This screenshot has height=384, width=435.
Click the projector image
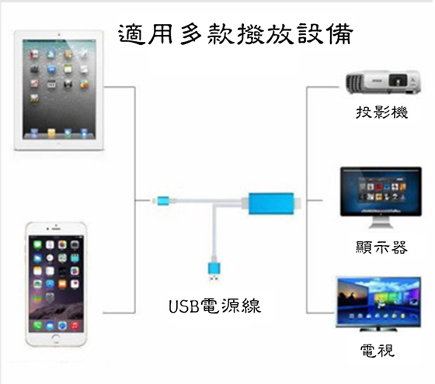[383, 81]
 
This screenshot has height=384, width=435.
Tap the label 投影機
[381, 112]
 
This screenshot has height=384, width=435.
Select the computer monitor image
[381, 197]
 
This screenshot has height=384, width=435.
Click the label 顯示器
[381, 247]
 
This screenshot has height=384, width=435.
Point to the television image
[378, 303]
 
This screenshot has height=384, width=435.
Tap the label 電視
[378, 350]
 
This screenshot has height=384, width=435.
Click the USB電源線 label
[214, 306]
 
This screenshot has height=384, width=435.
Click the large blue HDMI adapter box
[271, 203]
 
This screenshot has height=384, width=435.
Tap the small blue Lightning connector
[163, 201]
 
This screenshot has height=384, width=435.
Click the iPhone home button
[56, 337]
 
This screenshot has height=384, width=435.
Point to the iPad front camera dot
[59, 35]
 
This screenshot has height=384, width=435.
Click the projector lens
[398, 81]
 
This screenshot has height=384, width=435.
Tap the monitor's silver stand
[381, 223]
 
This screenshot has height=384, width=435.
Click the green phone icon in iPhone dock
[37, 325]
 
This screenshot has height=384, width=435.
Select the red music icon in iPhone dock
[75, 325]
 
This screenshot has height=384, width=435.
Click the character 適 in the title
[131, 34]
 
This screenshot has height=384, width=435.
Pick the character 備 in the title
[340, 34]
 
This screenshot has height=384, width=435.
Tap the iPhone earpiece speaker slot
[56, 229]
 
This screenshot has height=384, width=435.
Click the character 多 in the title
[191, 34]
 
